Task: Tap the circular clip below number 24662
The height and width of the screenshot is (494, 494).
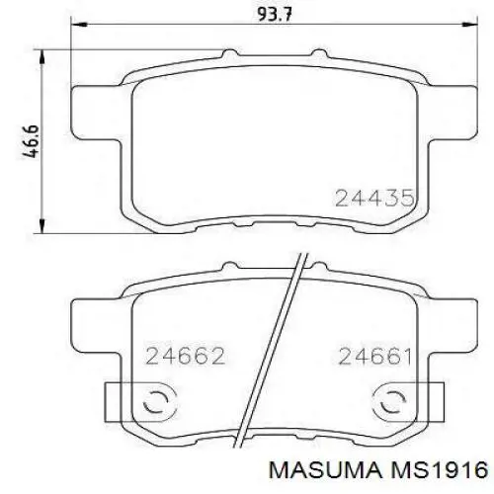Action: pyautogui.click(x=157, y=403)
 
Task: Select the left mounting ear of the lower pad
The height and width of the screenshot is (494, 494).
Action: pyautogui.click(x=97, y=321)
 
